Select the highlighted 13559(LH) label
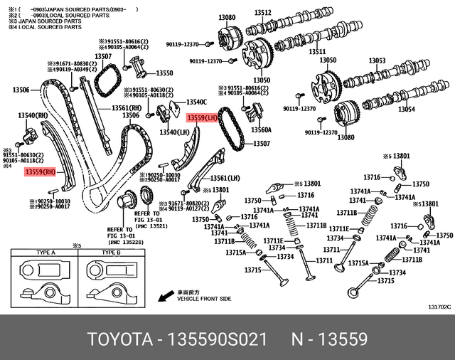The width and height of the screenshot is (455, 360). tap(203, 119)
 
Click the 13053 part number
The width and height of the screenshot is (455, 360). tap(378, 61)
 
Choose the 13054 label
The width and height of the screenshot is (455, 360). tap(406, 110)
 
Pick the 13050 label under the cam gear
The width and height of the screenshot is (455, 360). tap(262, 80)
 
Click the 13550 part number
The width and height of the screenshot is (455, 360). tap(164, 73)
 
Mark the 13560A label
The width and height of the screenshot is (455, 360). tap(261, 130)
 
